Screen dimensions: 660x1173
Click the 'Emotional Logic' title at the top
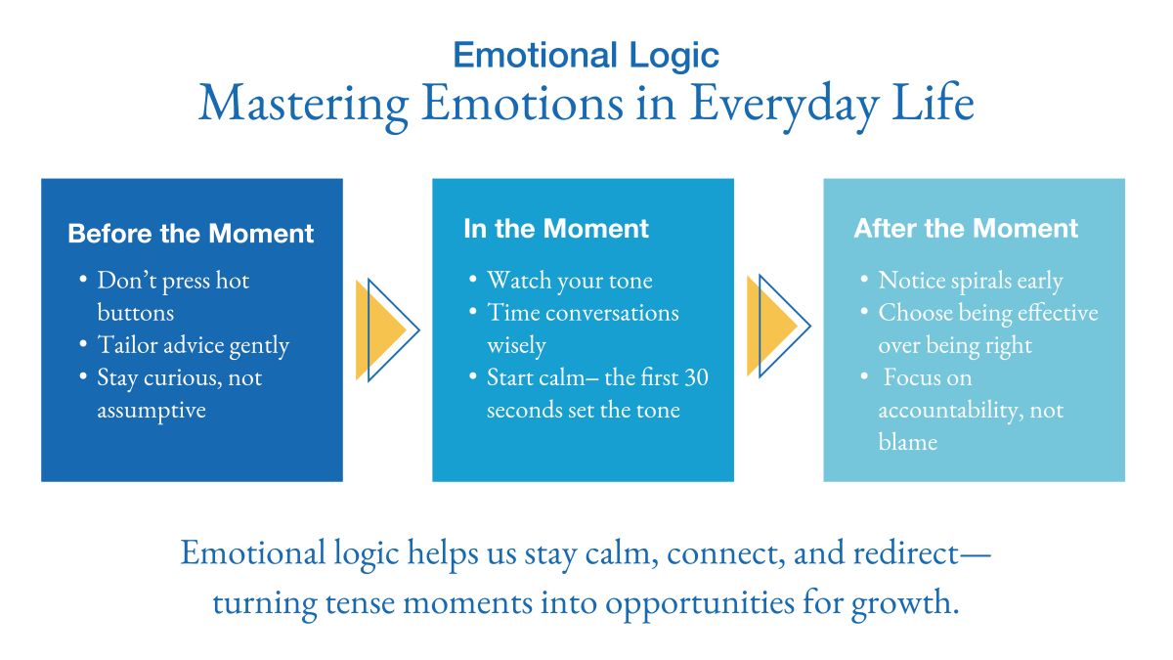[586, 55]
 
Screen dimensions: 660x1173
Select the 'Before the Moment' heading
[191, 235]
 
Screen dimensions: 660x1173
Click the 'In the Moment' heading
[556, 229]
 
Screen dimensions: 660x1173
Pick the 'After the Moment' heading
[966, 229]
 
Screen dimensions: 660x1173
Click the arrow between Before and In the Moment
[387, 330]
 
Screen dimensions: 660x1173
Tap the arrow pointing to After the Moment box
[778, 327]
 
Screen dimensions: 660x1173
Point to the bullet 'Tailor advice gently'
[193, 345]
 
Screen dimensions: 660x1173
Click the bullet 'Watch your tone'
[569, 281]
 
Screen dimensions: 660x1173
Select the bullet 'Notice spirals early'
[970, 281]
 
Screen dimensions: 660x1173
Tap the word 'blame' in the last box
[907, 442]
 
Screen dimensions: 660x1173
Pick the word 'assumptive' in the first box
[152, 410]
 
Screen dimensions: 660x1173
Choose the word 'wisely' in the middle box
[516, 345]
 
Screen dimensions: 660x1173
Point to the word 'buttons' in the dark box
[135, 313]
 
